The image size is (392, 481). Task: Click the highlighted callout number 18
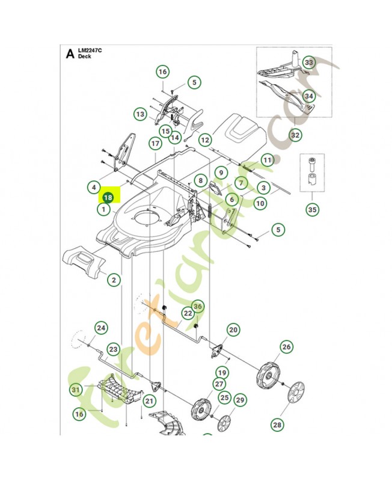[108, 197]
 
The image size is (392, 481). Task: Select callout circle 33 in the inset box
[308, 63]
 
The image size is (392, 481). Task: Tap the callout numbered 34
[308, 96]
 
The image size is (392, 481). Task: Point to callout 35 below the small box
[313, 210]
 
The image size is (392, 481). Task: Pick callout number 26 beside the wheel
[286, 347]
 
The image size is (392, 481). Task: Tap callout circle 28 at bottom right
[277, 425]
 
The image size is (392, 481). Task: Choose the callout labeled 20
[233, 329]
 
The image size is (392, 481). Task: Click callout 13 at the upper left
[140, 114]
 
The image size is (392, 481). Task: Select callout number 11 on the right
[267, 161]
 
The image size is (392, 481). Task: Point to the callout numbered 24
[101, 328]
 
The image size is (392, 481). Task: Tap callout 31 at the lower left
[75, 390]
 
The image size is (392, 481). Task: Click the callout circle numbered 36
[198, 307]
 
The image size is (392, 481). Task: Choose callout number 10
[260, 203]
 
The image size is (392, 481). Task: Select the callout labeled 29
[240, 401]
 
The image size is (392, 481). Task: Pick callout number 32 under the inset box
[295, 136]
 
